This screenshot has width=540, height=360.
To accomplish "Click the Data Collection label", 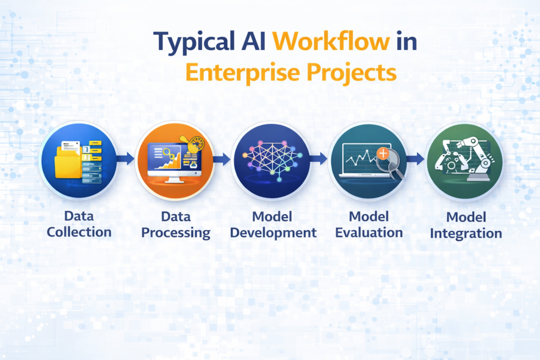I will (81, 224).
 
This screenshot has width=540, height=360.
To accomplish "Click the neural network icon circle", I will (272, 159).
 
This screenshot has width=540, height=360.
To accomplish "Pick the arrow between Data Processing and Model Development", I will (221, 159).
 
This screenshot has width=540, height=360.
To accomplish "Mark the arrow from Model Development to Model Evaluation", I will (319, 159).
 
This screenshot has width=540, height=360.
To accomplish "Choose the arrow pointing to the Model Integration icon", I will (416, 159).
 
